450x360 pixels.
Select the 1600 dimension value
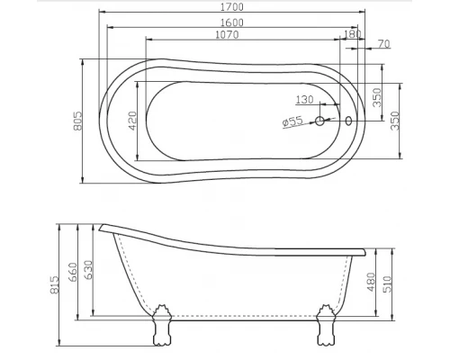(231, 22)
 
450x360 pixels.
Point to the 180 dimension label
(352, 34)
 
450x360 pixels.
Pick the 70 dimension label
(383, 43)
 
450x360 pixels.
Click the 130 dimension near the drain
(304, 99)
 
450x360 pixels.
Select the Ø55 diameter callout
(292, 121)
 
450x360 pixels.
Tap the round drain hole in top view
(319, 121)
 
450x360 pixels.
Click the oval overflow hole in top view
(349, 121)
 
